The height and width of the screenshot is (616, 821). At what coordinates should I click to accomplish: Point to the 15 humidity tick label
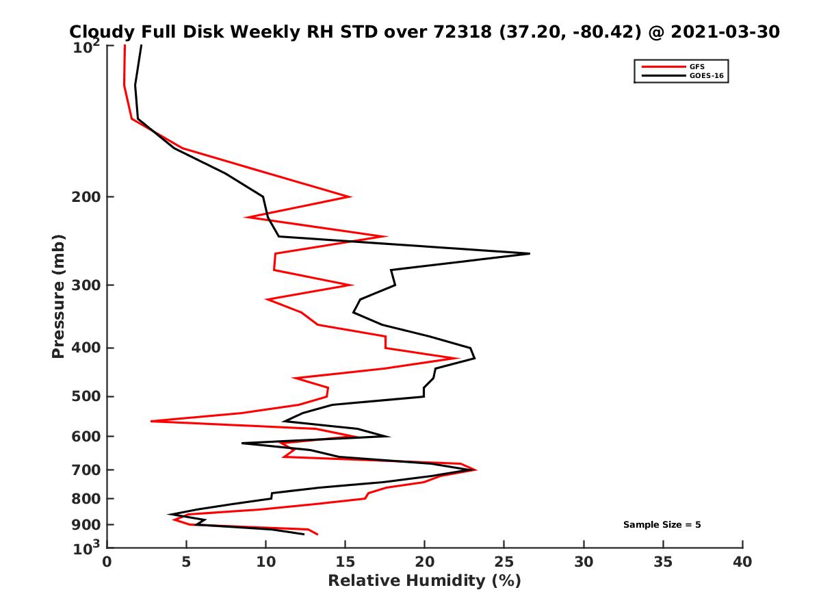tap(345, 563)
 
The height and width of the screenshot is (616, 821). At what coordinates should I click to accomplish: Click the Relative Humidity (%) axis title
tap(424, 581)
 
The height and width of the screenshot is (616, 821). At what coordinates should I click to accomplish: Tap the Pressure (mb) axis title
tap(58, 296)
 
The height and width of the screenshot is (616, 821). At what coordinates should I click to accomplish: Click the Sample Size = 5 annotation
tap(662, 525)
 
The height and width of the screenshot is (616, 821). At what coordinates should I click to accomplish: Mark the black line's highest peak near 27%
tap(530, 254)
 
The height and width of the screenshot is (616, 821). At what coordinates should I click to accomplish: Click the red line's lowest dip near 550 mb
tap(151, 421)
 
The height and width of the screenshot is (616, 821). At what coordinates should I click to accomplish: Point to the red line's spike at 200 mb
tap(350, 197)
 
